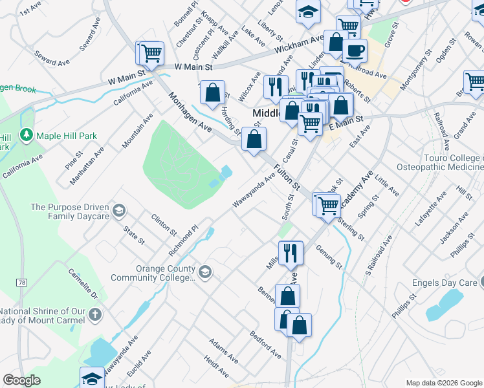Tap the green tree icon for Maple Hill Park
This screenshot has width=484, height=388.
point(27,136)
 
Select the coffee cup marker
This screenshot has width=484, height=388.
point(354,50)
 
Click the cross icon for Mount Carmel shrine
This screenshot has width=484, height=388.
point(94,315)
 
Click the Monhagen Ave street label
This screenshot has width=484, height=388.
point(190,114)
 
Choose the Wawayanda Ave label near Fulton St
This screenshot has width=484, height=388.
point(254,191)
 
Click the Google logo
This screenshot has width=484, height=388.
point(22,380)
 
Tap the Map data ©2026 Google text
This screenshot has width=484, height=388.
point(443,383)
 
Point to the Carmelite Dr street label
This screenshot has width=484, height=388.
point(84,283)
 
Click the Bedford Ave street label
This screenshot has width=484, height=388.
point(266,345)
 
